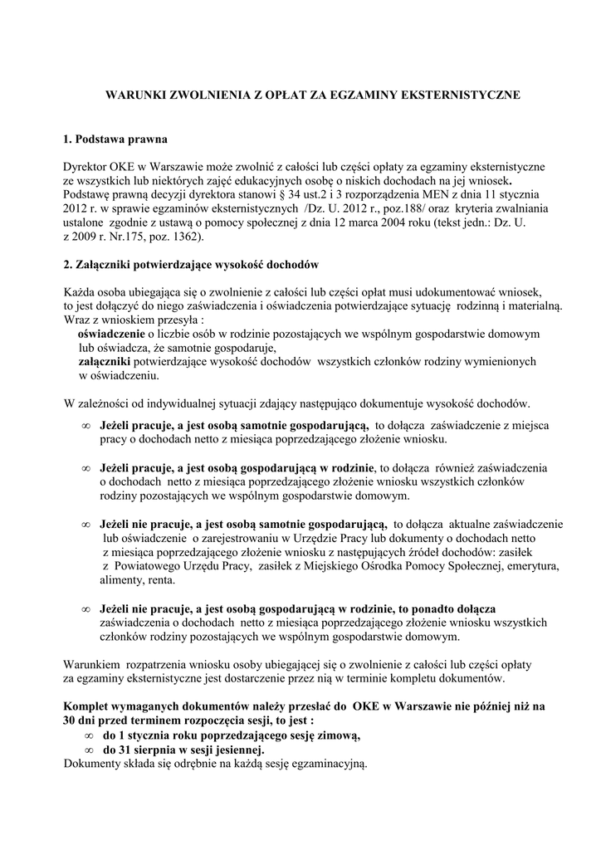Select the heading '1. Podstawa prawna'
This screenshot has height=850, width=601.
115,138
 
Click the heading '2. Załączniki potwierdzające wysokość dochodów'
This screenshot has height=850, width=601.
191,264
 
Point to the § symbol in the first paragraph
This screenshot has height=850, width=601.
281,194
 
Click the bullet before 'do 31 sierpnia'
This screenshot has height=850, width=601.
88,750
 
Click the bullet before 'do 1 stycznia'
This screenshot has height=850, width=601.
88,735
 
